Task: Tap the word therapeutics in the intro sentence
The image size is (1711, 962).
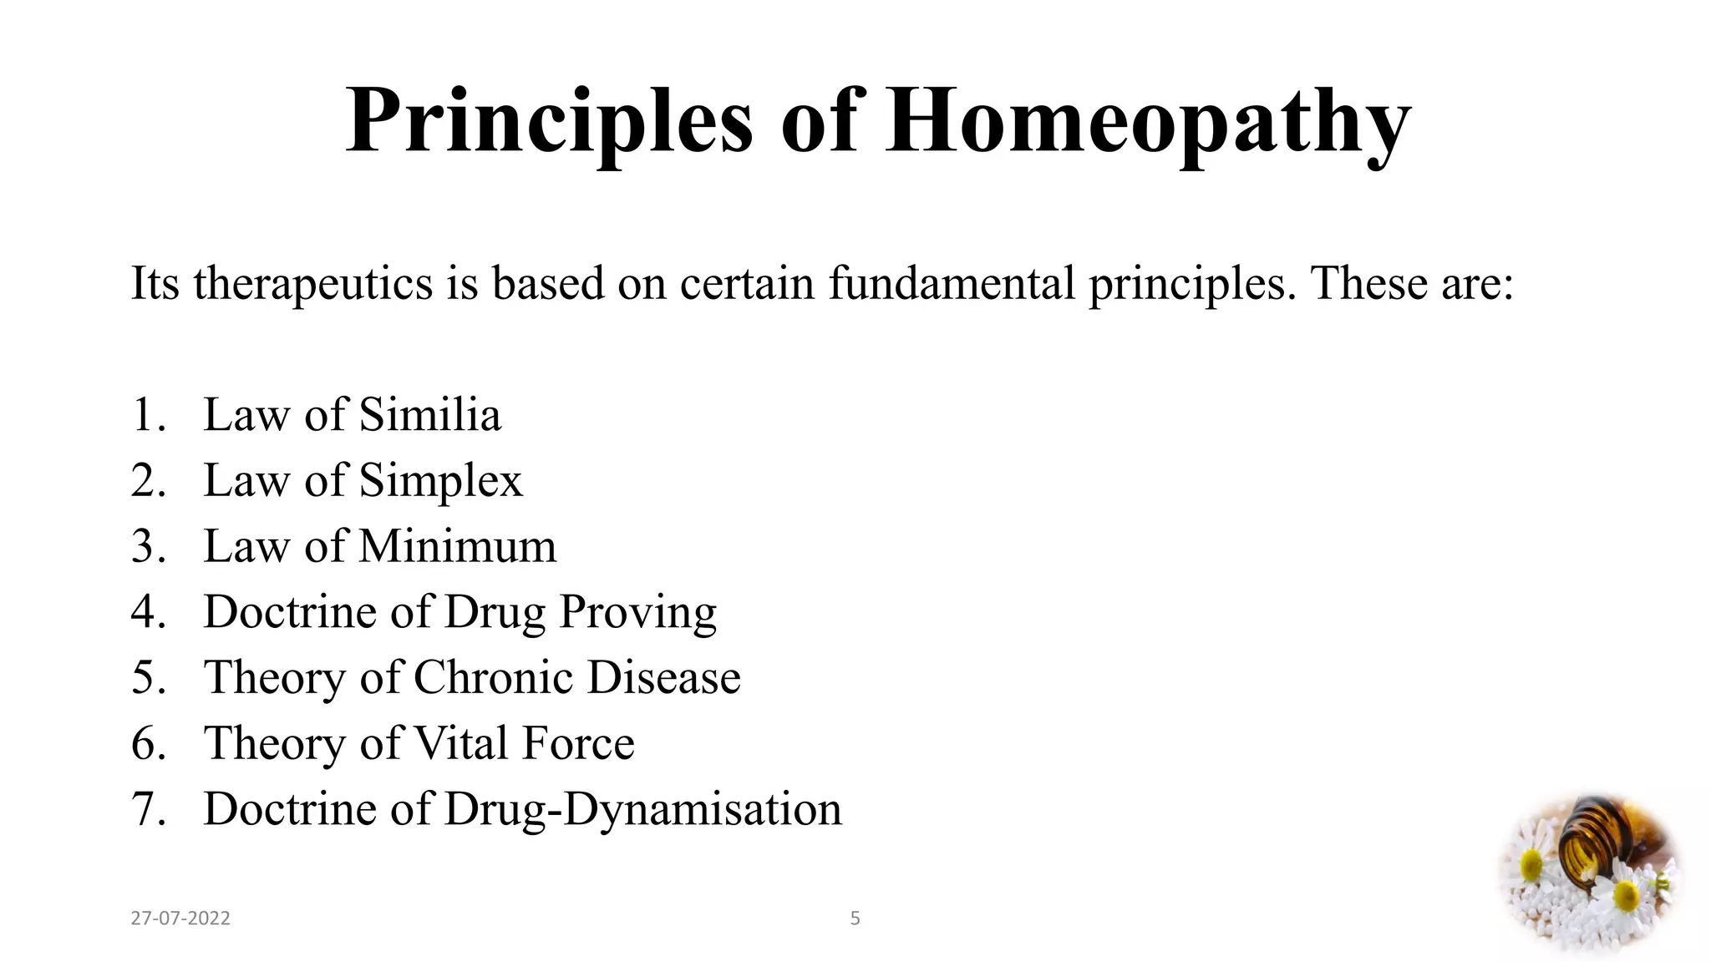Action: [x=313, y=284]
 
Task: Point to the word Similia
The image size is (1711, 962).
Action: [x=430, y=415]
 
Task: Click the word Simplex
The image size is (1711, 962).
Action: [x=440, y=481]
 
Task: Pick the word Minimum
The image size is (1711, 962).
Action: [x=457, y=547]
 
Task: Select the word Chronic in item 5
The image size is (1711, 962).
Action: [x=493, y=677]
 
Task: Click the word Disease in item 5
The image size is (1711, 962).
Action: [x=663, y=677]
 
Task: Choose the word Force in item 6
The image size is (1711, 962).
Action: [x=577, y=743]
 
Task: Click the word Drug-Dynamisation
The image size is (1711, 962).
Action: [x=642, y=809]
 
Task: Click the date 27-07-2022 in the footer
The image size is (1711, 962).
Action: [x=180, y=919]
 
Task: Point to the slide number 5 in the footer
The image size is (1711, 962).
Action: [x=855, y=919]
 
